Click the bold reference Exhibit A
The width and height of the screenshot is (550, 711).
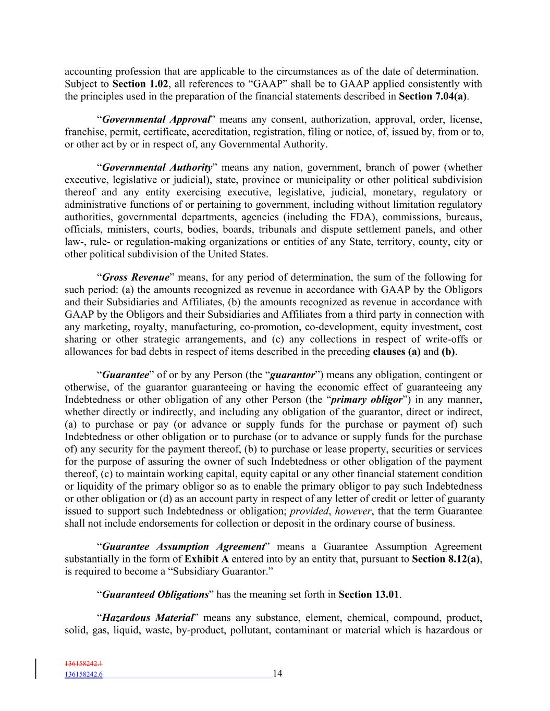[207, 559]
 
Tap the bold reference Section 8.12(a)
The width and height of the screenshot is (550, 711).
[446, 559]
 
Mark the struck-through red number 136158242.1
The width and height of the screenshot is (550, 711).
[83, 664]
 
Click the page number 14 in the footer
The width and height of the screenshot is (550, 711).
[277, 674]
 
